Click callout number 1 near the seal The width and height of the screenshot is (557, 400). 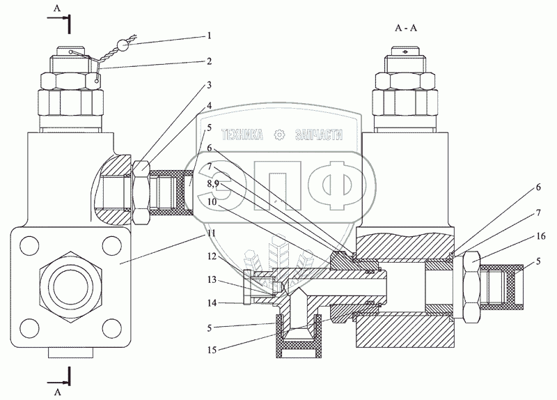[210, 36]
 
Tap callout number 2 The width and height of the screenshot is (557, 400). [210, 61]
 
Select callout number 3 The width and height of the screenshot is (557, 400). [210, 85]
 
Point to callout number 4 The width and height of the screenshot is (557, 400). [210, 106]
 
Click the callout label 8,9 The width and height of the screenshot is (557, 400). [212, 184]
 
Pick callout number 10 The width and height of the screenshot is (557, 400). [212, 201]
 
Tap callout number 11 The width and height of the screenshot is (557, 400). [212, 233]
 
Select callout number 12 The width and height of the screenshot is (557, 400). [212, 256]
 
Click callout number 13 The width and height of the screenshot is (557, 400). [212, 280]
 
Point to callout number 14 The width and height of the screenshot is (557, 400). [212, 303]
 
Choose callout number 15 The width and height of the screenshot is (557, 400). [212, 351]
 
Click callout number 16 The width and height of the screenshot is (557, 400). [541, 236]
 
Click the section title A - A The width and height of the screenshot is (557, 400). [406, 28]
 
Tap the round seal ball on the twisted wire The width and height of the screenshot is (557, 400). [123, 45]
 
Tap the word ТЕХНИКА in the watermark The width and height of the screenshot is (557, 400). [242, 134]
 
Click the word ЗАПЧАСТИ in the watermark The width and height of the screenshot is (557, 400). [319, 134]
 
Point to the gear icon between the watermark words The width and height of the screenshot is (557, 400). [280, 135]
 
